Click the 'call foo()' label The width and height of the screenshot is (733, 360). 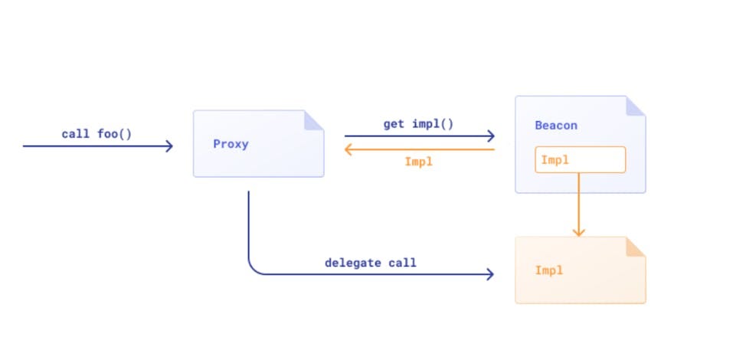tap(97, 134)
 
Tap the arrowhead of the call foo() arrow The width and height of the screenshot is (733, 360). tap(170, 146)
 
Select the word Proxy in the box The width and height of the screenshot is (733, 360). tap(231, 144)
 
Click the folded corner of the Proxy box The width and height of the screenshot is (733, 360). tap(314, 120)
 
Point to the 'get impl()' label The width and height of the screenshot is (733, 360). tap(418, 124)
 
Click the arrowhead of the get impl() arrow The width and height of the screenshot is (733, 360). tap(491, 136)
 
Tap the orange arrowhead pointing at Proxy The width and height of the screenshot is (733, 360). tap(349, 149)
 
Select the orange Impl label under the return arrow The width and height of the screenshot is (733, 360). tap(419, 162)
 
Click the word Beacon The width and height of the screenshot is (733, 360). tap(556, 126)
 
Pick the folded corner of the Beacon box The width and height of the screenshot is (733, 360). tap(636, 106)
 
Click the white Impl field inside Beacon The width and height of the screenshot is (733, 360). tap(580, 160)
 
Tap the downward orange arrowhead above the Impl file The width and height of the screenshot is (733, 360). tap(579, 232)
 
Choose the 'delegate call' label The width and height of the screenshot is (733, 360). tap(370, 263)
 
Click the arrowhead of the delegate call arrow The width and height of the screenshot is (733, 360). tap(490, 274)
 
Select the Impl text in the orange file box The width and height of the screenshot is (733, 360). tap(549, 270)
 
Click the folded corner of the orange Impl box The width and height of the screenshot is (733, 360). tap(636, 247)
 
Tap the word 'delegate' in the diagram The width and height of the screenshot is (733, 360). tap(353, 263)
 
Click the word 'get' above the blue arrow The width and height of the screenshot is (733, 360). tap(394, 125)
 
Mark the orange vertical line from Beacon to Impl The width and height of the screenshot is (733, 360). tap(579, 205)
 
